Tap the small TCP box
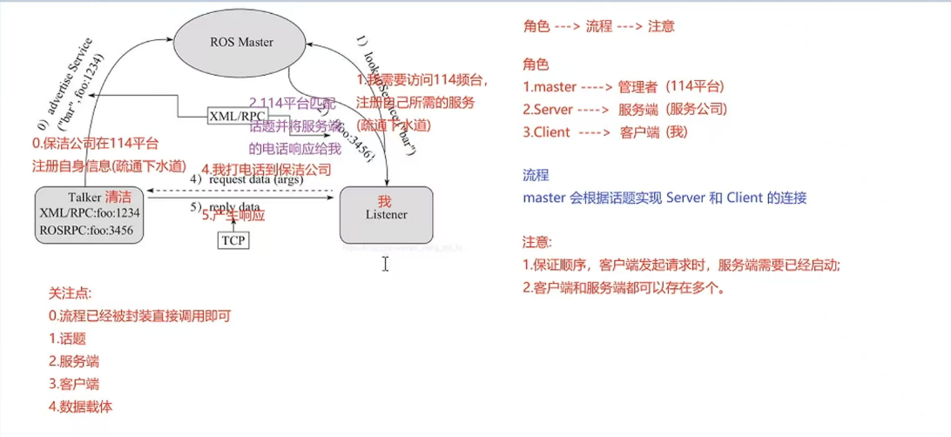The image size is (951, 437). tap(233, 239)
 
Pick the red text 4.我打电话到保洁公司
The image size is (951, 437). tap(266, 169)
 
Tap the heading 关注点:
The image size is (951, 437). tap(70, 293)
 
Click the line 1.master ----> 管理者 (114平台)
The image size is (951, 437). tap(624, 86)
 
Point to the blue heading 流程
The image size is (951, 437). tap(536, 175)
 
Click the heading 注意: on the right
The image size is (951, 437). tap(537, 242)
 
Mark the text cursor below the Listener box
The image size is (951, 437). tap(385, 263)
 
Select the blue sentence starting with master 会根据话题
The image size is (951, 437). tap(664, 198)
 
